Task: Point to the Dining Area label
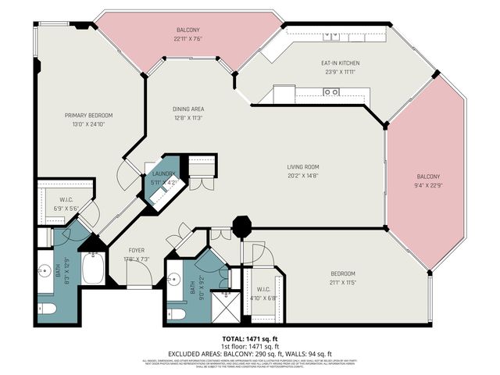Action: (189, 109)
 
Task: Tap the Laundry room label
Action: (164, 173)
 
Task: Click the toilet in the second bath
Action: (177, 314)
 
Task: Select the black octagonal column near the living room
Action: (242, 228)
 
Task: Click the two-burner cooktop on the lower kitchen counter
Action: (331, 92)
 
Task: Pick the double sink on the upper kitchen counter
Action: (331, 35)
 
